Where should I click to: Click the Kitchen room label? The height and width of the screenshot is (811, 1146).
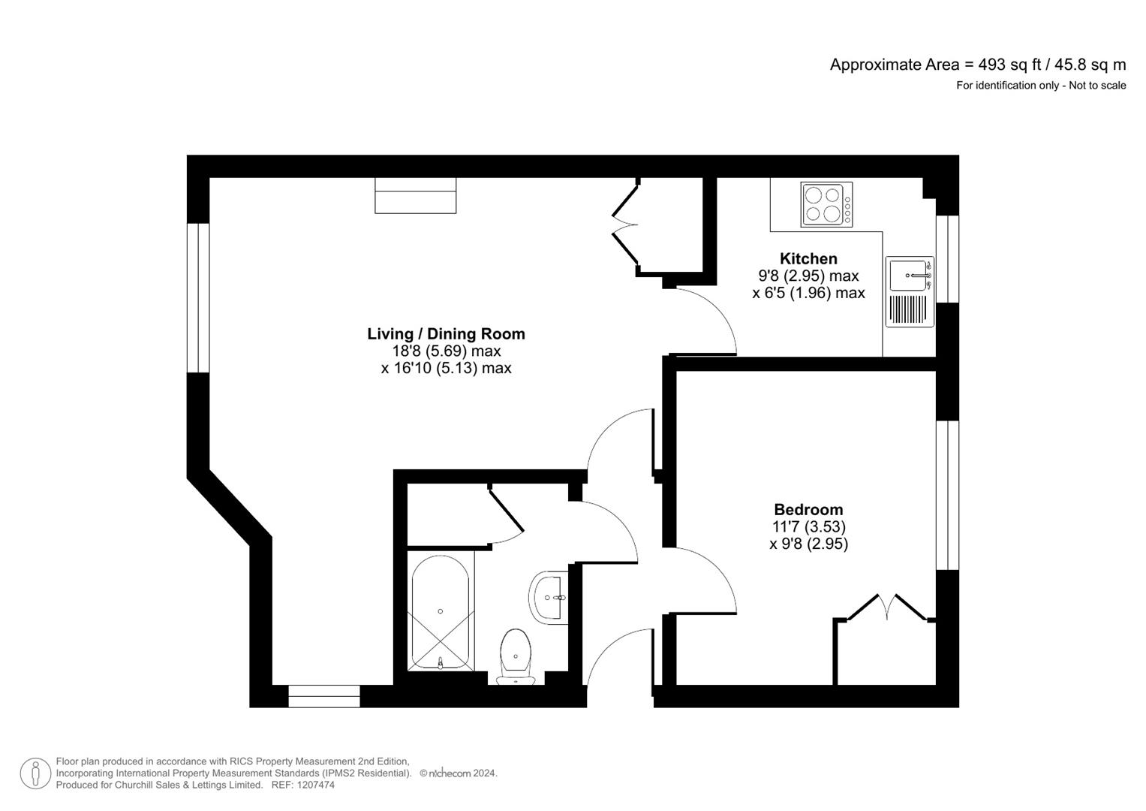[x=808, y=259]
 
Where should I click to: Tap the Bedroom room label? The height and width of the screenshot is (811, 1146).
[x=808, y=510]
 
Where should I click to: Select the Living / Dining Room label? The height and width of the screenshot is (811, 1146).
[x=446, y=334]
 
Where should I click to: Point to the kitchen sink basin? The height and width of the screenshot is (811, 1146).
[x=908, y=275]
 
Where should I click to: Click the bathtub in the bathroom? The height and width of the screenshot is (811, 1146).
[x=440, y=612]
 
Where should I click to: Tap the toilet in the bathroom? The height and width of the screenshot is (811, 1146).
[x=515, y=653]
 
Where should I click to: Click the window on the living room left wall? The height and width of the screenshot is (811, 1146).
[x=198, y=297]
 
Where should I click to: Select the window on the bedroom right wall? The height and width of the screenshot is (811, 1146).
[x=947, y=495]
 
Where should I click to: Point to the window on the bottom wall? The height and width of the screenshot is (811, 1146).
[x=324, y=696]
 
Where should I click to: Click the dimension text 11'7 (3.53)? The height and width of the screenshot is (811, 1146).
[x=808, y=527]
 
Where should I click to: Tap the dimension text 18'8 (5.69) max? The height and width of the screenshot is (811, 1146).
[x=446, y=351]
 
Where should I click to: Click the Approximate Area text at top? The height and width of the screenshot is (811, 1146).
[x=977, y=65]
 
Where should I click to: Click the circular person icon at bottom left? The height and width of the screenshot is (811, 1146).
[x=35, y=773]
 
